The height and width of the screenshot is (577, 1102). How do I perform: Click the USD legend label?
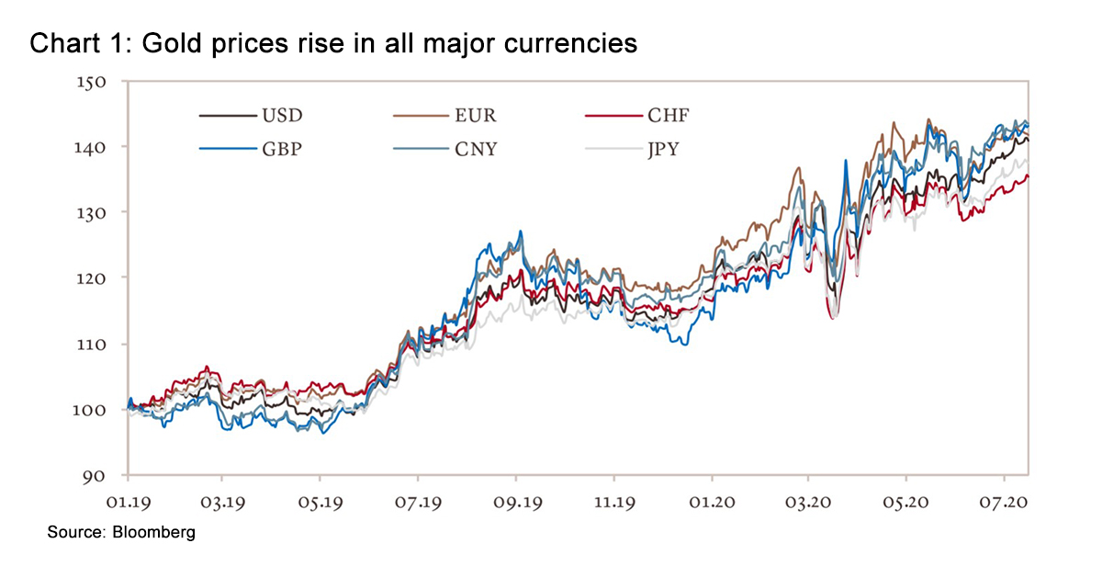(x=282, y=116)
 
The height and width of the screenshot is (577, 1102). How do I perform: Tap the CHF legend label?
(x=668, y=116)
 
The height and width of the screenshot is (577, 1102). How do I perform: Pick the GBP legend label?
(x=282, y=148)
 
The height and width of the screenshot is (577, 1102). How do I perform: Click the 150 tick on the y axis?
(x=95, y=82)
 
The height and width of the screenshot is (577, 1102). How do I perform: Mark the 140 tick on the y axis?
(x=95, y=147)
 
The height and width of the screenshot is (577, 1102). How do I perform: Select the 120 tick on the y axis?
(x=95, y=278)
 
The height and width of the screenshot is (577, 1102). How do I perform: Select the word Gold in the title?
(x=156, y=43)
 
